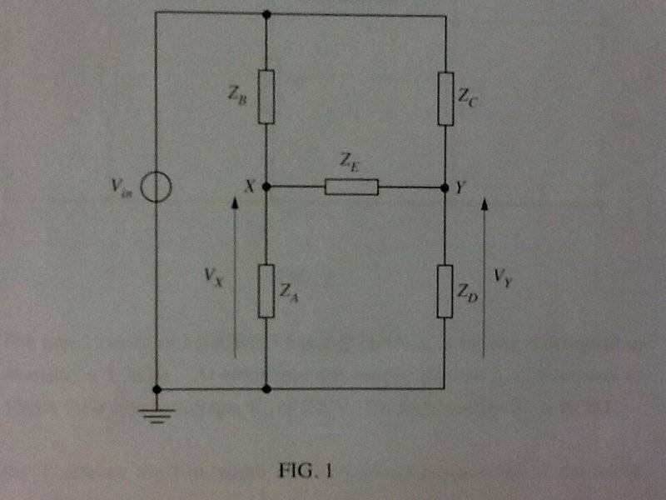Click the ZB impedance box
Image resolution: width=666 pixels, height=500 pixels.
(266, 97)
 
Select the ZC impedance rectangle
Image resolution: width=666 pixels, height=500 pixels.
(445, 98)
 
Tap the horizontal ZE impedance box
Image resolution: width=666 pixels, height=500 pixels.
(351, 187)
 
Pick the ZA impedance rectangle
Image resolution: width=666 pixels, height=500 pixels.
(266, 291)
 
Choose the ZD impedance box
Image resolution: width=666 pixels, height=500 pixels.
(445, 291)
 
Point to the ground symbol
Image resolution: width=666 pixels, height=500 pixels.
(157, 416)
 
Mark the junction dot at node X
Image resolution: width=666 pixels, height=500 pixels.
(266, 187)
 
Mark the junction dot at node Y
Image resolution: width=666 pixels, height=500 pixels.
(445, 187)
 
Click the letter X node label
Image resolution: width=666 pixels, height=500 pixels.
(251, 186)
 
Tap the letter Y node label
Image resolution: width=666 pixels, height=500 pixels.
(460, 187)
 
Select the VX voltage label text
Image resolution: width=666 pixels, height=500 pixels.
(214, 277)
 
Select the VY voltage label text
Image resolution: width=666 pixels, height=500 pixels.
(504, 278)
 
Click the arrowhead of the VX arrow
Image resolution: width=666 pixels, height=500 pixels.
(235, 202)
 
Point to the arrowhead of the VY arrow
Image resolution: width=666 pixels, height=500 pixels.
(485, 203)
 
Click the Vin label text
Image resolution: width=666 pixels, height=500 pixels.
(122, 188)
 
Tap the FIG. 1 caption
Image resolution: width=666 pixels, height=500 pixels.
(305, 471)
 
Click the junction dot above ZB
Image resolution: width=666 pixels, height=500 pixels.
(266, 14)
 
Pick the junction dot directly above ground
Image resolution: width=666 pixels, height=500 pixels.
(157, 389)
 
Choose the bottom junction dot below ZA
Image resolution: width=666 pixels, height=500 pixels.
(266, 389)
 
